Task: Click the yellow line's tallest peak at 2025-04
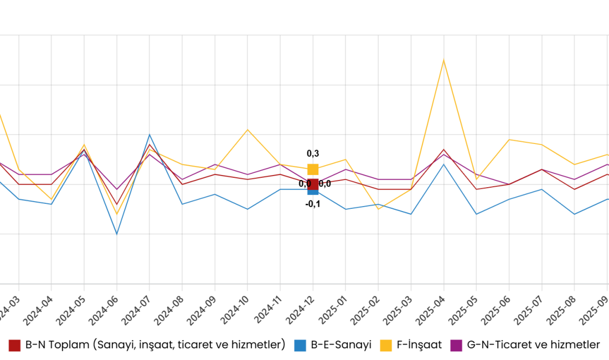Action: pyautogui.click(x=443, y=60)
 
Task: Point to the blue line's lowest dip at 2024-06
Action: pyautogui.click(x=117, y=234)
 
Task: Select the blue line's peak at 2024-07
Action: pyautogui.click(x=149, y=135)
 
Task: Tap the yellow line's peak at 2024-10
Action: pyautogui.click(x=247, y=130)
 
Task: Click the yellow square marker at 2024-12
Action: pyautogui.click(x=313, y=169)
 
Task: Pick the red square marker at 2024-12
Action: pyautogui.click(x=313, y=184)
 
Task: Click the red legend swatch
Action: pyautogui.click(x=14, y=346)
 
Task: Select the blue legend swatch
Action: pyautogui.click(x=300, y=346)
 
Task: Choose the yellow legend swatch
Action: pyautogui.click(x=386, y=346)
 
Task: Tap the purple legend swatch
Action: pyautogui.click(x=456, y=346)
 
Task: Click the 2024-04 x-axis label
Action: pyautogui.click(x=38, y=311)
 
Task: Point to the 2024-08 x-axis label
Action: pyautogui.click(x=169, y=311)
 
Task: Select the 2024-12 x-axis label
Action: pyautogui.click(x=300, y=311)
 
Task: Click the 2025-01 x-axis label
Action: pyautogui.click(x=333, y=311)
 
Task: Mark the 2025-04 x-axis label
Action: pyautogui.click(x=431, y=311)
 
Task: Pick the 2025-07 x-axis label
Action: pyautogui.click(x=529, y=311)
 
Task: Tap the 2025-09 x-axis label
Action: pyautogui.click(x=594, y=311)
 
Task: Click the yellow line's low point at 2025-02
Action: pyautogui.click(x=379, y=209)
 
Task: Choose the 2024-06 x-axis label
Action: pyautogui.click(x=104, y=311)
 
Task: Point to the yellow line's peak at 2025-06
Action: pyautogui.click(x=509, y=140)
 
